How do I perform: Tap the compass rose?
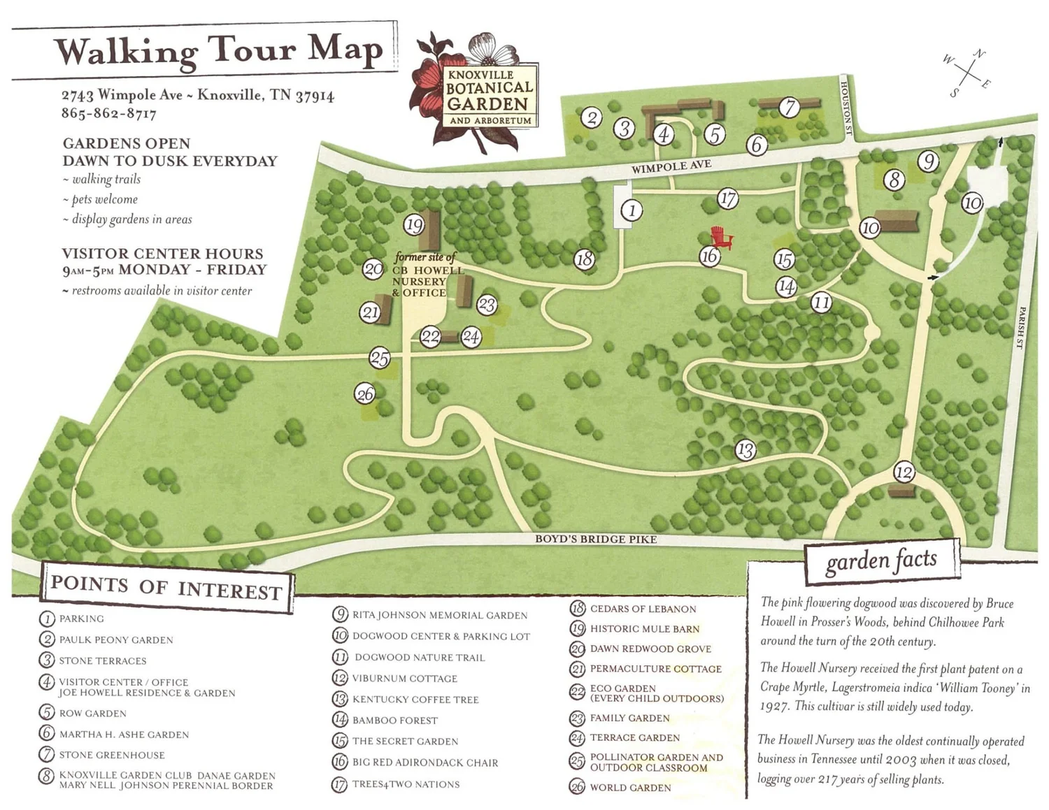[967, 73]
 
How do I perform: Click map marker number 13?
[745, 450]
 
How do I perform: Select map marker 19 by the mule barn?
[414, 225]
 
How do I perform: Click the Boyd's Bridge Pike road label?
[596, 539]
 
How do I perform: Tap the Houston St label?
[845, 108]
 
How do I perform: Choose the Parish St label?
[1020, 327]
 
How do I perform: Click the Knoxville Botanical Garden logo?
[479, 92]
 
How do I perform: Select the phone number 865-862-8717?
[108, 113]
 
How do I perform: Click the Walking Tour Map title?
[219, 51]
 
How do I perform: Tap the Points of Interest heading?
[166, 588]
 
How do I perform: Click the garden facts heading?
[881, 561]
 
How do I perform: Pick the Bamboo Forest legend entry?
[394, 720]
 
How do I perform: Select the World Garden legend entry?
[629, 788]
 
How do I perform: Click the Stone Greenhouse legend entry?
[111, 755]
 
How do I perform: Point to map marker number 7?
[790, 107]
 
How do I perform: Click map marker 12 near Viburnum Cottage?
[904, 473]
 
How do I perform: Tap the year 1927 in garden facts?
[775, 707]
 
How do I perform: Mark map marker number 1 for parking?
[631, 210]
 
